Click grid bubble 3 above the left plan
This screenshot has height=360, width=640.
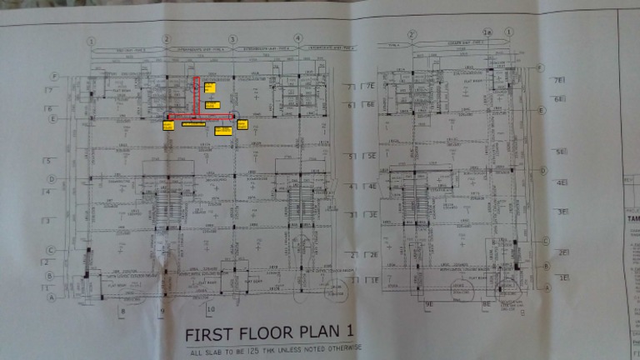232,39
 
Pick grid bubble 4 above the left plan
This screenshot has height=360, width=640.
297,39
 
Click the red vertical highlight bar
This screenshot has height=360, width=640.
197,95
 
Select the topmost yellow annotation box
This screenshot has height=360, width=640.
210,86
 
